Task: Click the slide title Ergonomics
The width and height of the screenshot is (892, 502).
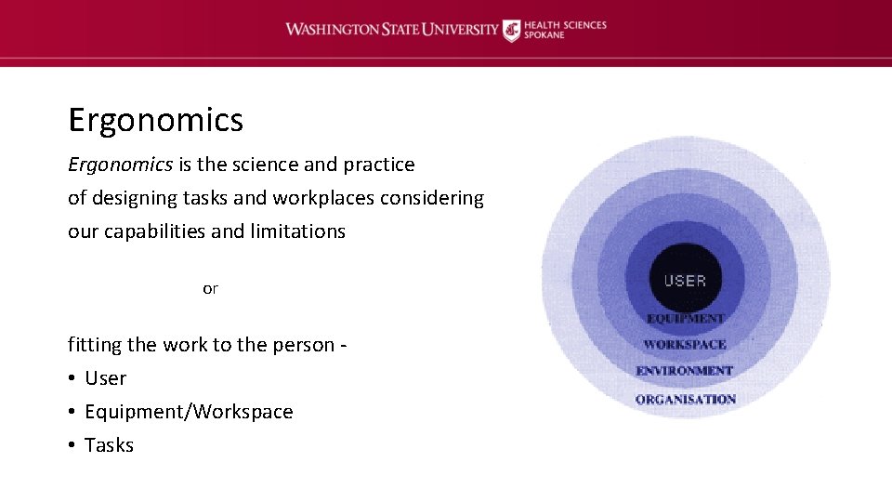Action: (155, 120)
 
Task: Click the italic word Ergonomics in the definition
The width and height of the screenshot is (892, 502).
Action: (120, 165)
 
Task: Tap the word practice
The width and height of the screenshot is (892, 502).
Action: (379, 165)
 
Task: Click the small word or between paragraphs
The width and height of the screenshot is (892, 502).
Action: (210, 288)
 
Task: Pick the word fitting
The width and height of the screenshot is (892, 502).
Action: (95, 345)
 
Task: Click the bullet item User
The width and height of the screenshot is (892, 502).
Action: (105, 378)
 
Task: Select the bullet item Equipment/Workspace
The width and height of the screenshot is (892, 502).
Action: (189, 412)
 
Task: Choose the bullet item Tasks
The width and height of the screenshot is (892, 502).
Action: (109, 445)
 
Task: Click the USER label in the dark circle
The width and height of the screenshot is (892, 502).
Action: (685, 281)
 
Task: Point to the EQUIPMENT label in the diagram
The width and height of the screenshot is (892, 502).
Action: (685, 319)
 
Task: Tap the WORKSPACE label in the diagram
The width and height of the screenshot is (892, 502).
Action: (685, 345)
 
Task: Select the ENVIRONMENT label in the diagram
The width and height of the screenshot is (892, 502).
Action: (685, 371)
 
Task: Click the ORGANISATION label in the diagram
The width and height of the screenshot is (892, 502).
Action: (685, 400)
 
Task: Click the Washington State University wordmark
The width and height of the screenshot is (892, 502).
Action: (391, 29)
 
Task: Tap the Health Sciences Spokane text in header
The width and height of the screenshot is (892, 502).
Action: (565, 30)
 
